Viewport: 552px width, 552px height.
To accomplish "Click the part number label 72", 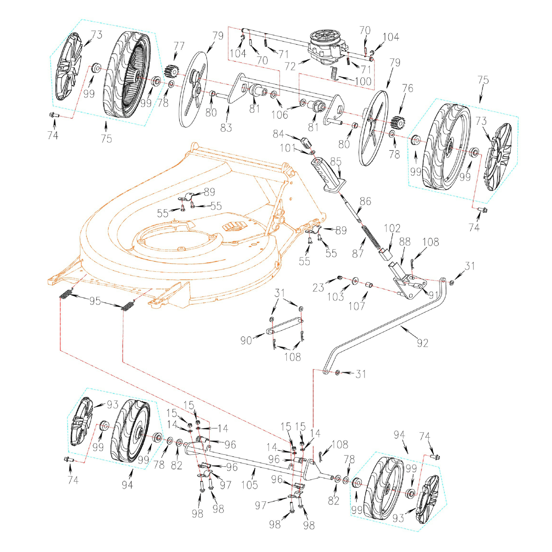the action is (x=290, y=67).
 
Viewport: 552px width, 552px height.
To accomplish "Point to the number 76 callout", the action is (x=408, y=88).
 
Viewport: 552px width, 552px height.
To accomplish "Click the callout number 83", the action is (x=226, y=128).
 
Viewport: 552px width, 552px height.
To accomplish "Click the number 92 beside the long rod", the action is (x=422, y=343).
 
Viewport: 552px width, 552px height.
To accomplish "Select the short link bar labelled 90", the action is (x=284, y=326).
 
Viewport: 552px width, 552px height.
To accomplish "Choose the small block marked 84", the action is (x=306, y=142).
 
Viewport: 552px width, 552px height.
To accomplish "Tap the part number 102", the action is (x=392, y=228).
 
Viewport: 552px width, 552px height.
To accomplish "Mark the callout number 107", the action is (x=357, y=306).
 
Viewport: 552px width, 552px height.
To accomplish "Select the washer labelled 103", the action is (x=355, y=281).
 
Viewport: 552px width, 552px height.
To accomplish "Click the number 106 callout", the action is (x=279, y=115).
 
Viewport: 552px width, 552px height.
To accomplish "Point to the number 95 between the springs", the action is (x=95, y=301).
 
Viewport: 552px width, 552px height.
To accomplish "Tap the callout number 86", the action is (x=365, y=201).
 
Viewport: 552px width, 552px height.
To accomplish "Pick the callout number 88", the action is (x=405, y=242).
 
